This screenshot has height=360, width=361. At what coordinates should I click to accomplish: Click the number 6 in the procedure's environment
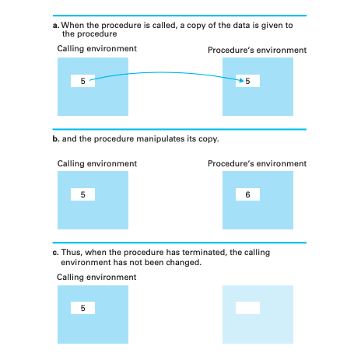[x=247, y=194]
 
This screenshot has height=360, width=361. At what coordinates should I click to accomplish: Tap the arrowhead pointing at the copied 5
[x=241, y=81]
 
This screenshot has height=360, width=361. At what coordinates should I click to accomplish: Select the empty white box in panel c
[x=247, y=308]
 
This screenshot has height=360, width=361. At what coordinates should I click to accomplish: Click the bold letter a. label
[x=56, y=26]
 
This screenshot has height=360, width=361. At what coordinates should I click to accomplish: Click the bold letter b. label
[x=56, y=138]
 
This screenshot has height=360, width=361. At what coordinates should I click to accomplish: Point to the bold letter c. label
[x=55, y=253]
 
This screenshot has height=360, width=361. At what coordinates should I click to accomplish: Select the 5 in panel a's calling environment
[x=82, y=81]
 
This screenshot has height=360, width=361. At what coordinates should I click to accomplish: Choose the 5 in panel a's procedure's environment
[x=247, y=81]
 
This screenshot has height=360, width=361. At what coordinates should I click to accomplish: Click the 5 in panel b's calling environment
[x=82, y=194]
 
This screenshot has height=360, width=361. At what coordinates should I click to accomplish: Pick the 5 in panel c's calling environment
[x=82, y=308]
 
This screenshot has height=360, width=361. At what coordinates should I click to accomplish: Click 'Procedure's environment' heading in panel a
[x=257, y=50]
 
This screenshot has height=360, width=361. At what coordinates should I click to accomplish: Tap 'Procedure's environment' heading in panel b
[x=257, y=163]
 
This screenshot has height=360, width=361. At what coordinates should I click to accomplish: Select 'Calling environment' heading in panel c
[x=96, y=277]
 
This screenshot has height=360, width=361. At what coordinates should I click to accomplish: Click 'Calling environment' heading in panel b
[x=97, y=163]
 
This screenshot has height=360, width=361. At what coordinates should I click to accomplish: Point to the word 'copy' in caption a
[x=196, y=26]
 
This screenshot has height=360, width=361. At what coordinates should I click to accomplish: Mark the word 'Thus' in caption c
[x=72, y=253]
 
